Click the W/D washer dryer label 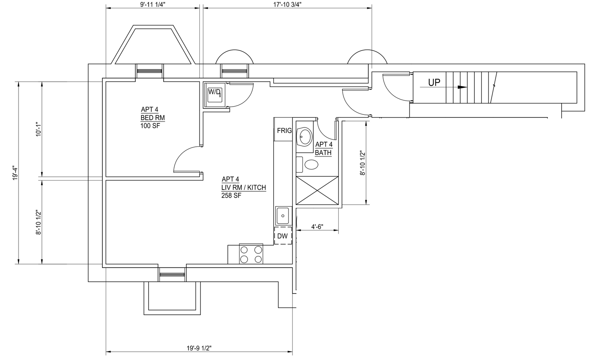214,92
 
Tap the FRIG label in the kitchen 284,130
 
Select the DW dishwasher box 283,236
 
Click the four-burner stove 251,254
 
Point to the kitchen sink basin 283,216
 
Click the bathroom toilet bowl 311,165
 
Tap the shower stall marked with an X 317,191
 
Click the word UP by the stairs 434,83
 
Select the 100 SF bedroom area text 150,126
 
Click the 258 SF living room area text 231,196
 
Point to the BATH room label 323,153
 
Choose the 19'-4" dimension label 15,173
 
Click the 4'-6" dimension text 317,227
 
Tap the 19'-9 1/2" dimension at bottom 199,348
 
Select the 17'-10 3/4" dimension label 287,4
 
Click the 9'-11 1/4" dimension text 153,4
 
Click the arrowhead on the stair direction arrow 463,87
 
